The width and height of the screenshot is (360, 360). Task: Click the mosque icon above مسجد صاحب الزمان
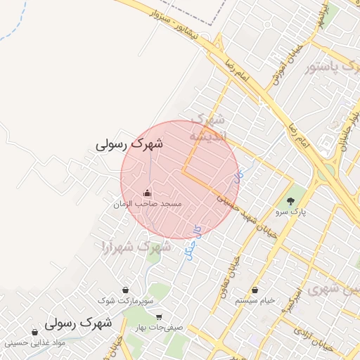pyautogui.click(x=147, y=193)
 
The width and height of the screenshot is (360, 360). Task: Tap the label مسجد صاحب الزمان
pyautogui.click(x=148, y=203)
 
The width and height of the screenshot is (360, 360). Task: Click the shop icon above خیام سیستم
pyautogui.click(x=255, y=290)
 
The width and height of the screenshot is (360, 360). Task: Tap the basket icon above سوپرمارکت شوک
pyautogui.click(x=125, y=290)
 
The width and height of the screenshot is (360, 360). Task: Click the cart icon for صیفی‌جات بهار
pyautogui.click(x=159, y=316)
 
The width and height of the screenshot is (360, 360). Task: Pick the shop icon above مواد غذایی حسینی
pyautogui.click(x=34, y=333)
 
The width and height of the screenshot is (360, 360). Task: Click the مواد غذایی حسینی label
pyautogui.click(x=34, y=342)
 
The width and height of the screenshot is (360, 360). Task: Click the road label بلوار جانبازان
pyautogui.click(x=349, y=129)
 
